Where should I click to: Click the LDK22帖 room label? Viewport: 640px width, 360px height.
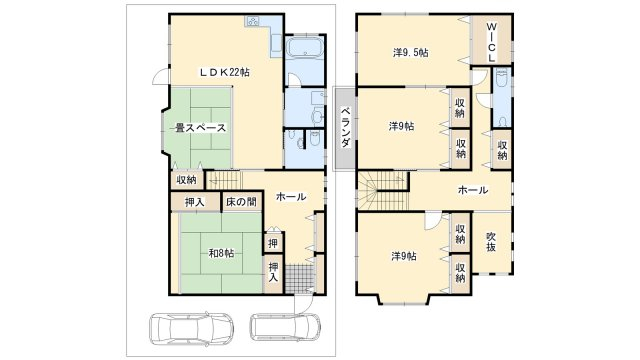(x=224, y=72)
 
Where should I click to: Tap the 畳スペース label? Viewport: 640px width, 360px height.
(x=200, y=128)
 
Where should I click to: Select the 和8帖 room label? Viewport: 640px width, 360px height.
(x=222, y=253)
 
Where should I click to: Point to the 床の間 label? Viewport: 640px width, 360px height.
(x=241, y=202)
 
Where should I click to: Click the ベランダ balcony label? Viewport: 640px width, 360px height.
(x=346, y=127)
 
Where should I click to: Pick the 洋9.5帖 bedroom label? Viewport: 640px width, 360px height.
(x=411, y=53)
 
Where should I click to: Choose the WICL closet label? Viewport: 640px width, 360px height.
(x=492, y=42)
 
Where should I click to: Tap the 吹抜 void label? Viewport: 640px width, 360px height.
(x=491, y=242)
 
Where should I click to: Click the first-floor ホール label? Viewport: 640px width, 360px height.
(x=291, y=197)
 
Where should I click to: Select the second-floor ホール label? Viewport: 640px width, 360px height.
(x=473, y=190)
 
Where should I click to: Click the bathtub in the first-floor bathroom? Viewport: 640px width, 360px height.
(x=305, y=48)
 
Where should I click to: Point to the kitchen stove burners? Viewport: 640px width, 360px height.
(x=252, y=21)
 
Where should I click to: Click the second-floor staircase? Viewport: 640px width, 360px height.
(x=384, y=190)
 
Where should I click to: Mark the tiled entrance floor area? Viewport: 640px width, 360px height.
(x=300, y=278)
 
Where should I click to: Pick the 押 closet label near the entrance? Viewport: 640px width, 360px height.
(x=273, y=244)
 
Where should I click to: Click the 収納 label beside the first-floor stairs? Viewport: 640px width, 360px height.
(x=187, y=180)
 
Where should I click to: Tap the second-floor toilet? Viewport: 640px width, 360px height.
(x=502, y=121)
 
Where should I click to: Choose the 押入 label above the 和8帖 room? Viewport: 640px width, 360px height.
(x=195, y=202)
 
